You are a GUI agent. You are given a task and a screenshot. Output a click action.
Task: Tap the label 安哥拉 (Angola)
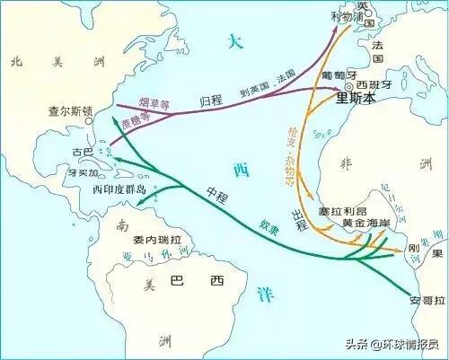pos(426,300)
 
